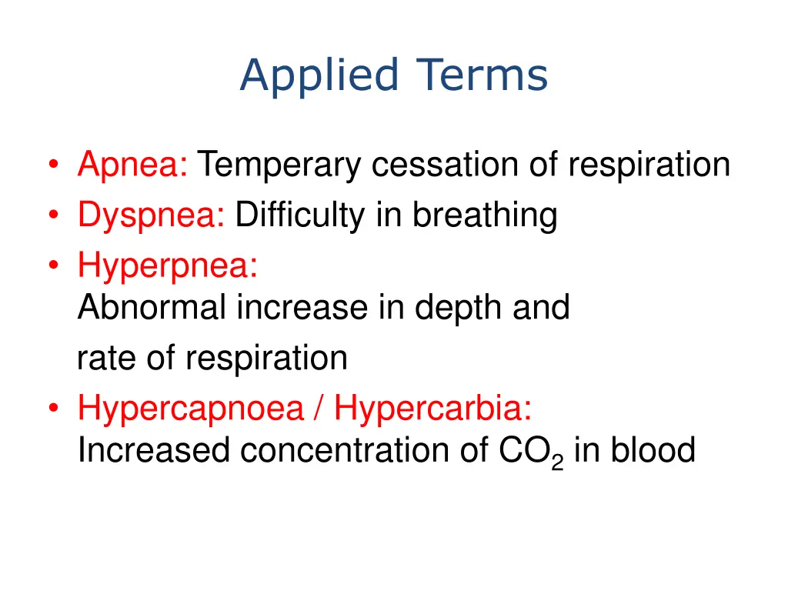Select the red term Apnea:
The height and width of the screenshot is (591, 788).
[132, 165]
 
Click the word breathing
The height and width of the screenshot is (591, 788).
[484, 216]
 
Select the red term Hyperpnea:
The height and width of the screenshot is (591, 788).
[167, 266]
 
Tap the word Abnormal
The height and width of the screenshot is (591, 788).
[152, 309]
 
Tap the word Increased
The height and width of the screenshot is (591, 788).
[153, 451]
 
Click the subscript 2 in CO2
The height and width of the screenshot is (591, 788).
[558, 462]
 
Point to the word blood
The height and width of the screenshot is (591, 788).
[653, 451]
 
